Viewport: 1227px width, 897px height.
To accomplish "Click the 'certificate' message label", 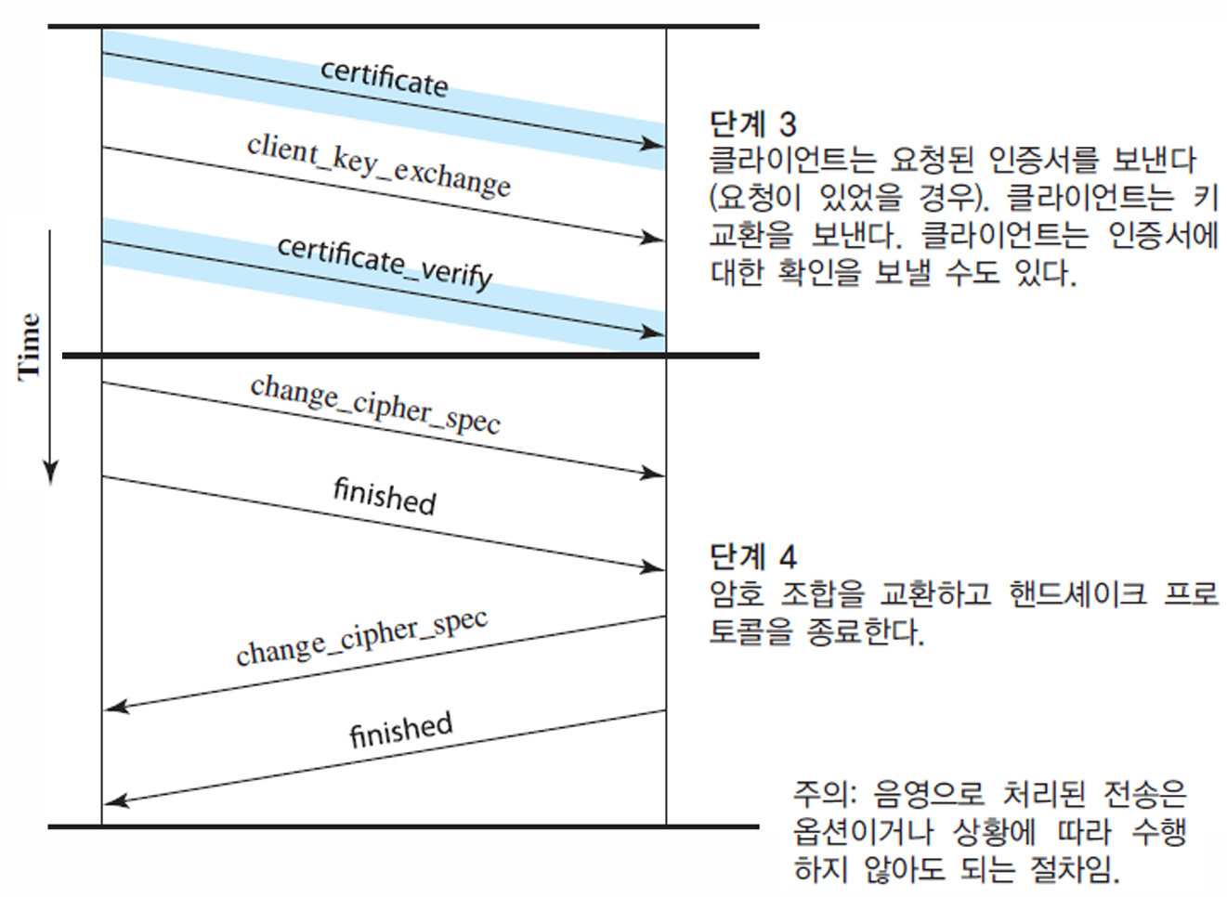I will point(385,77).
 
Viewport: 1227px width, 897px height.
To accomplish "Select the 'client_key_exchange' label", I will point(378,165).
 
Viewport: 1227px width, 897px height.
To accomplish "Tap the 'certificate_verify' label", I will point(385,262).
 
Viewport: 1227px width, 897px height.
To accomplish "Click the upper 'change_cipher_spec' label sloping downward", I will point(375,405).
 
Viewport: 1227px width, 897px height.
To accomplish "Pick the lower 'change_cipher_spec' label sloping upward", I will point(361,638).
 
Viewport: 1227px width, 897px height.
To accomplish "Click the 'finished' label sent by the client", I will point(385,496).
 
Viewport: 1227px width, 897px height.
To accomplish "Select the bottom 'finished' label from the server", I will point(400,730).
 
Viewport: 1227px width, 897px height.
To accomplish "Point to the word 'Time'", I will point(30,345).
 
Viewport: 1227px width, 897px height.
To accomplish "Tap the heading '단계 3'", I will point(752,123).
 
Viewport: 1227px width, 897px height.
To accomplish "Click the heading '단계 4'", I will point(752,556).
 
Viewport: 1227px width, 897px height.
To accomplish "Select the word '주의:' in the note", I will point(822,794).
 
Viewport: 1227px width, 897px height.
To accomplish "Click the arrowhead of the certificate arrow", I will point(654,144).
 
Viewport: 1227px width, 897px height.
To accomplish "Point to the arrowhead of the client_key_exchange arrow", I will point(654,239).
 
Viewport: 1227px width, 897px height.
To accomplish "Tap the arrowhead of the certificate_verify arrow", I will point(654,332).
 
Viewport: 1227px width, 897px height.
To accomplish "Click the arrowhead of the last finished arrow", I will point(115,801).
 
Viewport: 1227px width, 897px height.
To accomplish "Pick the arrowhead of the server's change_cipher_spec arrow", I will point(115,708).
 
